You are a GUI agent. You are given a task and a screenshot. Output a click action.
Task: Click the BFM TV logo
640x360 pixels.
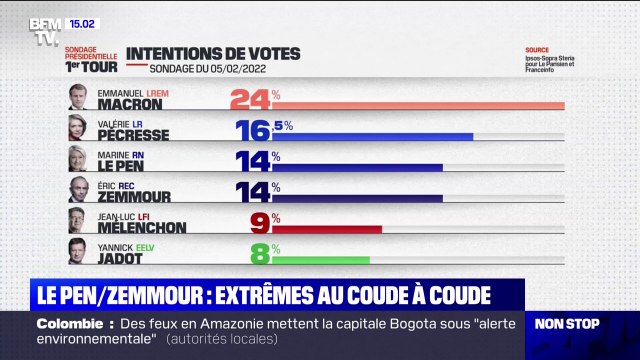(45, 32)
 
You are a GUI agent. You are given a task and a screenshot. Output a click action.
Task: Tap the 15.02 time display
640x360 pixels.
(85, 22)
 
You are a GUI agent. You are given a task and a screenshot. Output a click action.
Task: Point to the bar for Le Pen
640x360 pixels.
(357, 167)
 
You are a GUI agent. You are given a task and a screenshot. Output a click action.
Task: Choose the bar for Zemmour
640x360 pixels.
(357, 198)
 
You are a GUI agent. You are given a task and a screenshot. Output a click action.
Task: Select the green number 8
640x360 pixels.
(259, 253)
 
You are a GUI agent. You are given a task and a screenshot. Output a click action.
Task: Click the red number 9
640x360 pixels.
(259, 222)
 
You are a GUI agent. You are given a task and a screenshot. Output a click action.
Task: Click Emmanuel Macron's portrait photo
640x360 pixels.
(76, 97)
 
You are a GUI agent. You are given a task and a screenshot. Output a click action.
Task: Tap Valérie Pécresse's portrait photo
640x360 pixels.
(76, 129)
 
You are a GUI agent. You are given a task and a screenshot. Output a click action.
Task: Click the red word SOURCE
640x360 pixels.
(537, 50)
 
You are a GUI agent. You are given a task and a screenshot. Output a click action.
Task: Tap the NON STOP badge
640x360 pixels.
(567, 324)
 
